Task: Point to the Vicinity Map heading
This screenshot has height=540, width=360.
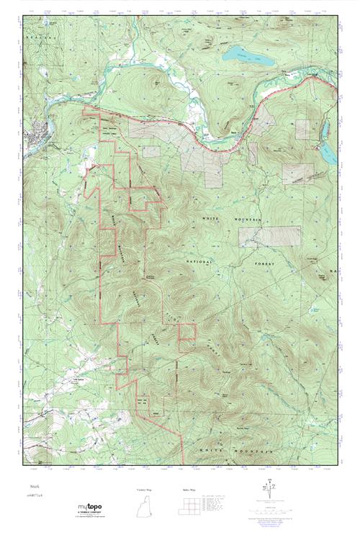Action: tap(145, 490)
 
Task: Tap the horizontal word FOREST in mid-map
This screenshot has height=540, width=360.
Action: tap(278, 264)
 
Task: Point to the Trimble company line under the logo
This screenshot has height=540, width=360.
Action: tap(94, 518)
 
